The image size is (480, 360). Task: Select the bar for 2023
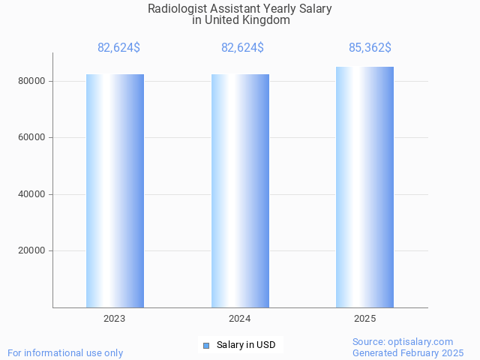pos(115,190)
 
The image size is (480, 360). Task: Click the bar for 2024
pos(240,190)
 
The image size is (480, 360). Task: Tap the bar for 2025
pos(364,187)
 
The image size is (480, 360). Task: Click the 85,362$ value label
pos(370,48)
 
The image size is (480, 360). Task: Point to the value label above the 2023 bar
pos(118,48)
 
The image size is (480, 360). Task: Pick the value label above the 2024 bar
pos(242,48)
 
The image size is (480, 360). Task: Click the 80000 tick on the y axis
pos(32,81)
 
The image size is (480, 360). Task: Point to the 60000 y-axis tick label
pos(32,138)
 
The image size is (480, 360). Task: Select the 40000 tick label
pos(32,194)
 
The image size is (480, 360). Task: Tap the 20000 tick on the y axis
pos(32,251)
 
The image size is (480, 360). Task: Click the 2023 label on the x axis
pos(115,319)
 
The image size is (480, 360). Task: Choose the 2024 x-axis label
pos(240,319)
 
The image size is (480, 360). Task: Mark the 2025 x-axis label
pos(364,319)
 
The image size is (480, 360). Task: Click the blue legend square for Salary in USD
pos(206,345)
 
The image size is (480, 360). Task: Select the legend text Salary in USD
pos(246,345)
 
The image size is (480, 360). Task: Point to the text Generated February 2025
pos(408,352)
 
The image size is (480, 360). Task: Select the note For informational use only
pos(65,352)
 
